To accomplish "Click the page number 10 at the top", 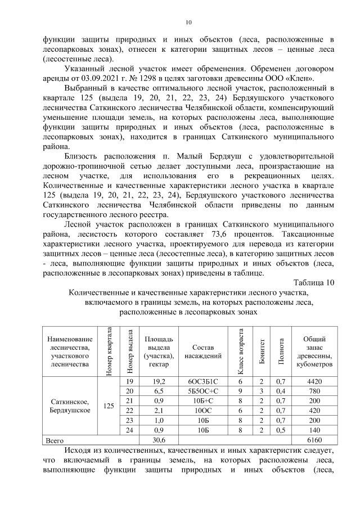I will coord(188,22).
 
